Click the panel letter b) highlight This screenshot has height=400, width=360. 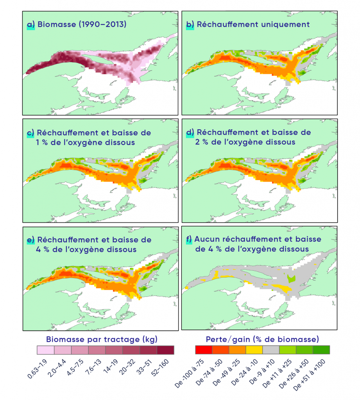(x=190, y=25)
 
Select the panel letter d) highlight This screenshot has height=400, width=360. (x=190, y=133)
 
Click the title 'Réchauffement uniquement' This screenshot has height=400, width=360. (x=253, y=25)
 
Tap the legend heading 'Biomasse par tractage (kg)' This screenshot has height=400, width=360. (x=102, y=337)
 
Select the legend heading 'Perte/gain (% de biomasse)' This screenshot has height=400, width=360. (x=262, y=337)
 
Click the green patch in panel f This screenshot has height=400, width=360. (x=290, y=279)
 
